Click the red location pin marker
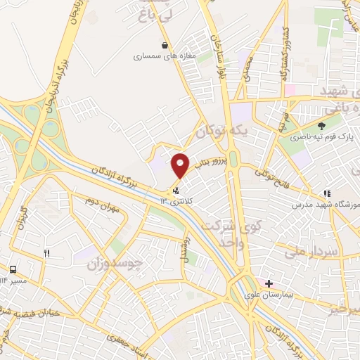click(x=181, y=165)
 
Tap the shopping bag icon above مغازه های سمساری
click(x=165, y=46)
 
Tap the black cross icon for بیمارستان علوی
click(x=269, y=283)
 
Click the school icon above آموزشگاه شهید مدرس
click(x=327, y=193)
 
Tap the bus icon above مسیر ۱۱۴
click(x=13, y=270)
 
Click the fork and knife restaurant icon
click(x=47, y=253)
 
